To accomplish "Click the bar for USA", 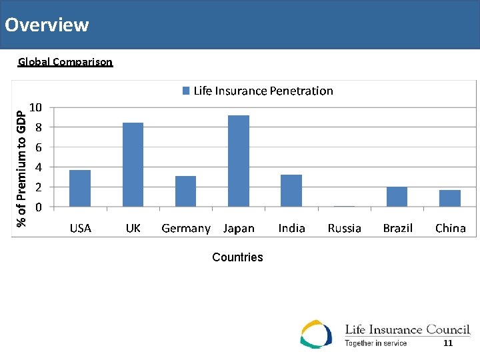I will pyautogui.click(x=80, y=188).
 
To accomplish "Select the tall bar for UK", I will pyautogui.click(x=133, y=165).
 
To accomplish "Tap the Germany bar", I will pyautogui.click(x=185, y=191).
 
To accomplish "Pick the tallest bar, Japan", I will pyautogui.click(x=239, y=161).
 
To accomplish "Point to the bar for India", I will pyautogui.click(x=291, y=191).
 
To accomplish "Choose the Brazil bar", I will pyautogui.click(x=397, y=197).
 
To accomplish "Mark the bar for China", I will pyautogui.click(x=450, y=198).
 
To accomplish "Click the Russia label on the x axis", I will pyautogui.click(x=344, y=228).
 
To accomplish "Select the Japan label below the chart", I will pyautogui.click(x=239, y=228).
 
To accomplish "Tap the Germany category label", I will pyautogui.click(x=185, y=228).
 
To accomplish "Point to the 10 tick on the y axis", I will pyautogui.click(x=37, y=107).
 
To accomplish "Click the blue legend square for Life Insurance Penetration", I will pyautogui.click(x=187, y=91).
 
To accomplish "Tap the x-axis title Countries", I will pyautogui.click(x=237, y=257).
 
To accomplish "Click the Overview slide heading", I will pyautogui.click(x=47, y=25).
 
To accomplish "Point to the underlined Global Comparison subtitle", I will pyautogui.click(x=65, y=62).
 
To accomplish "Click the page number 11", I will pyautogui.click(x=448, y=343).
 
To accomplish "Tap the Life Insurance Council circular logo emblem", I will pyautogui.click(x=316, y=334).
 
